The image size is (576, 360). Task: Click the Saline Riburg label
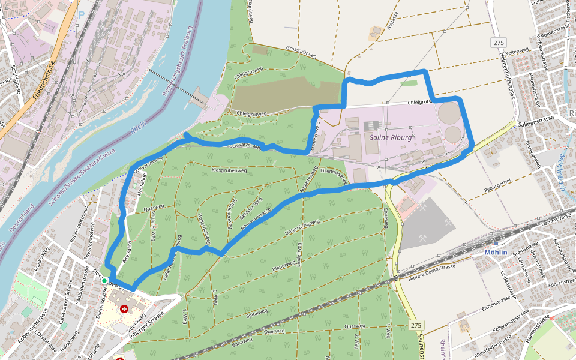click(391, 137)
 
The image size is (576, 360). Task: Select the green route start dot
click(104, 280)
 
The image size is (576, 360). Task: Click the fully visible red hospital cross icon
click(124, 309)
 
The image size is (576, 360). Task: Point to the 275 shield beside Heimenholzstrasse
click(497, 43)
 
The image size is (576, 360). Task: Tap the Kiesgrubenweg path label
click(229, 170)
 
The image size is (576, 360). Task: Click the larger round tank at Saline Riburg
click(449, 112)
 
